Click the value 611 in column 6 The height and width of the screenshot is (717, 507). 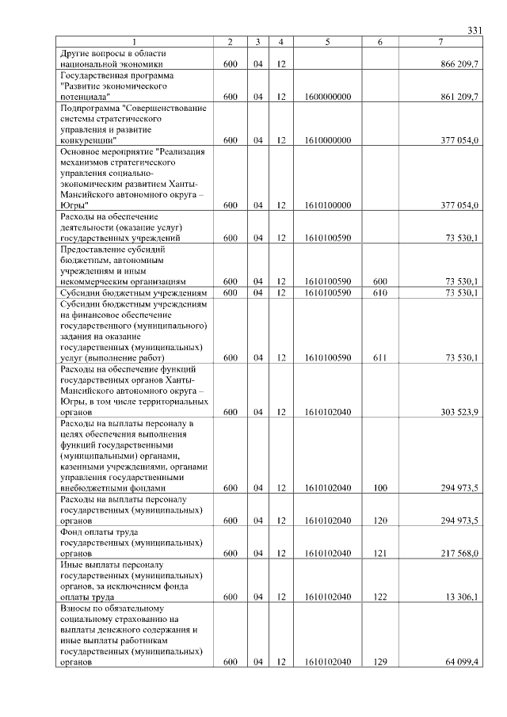tap(379, 357)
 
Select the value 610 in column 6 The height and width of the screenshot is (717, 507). tap(379, 292)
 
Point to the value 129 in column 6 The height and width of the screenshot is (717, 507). tap(379, 662)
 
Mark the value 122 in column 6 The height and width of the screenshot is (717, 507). tap(379, 596)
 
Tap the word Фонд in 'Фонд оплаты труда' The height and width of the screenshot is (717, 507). tap(72, 532)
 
